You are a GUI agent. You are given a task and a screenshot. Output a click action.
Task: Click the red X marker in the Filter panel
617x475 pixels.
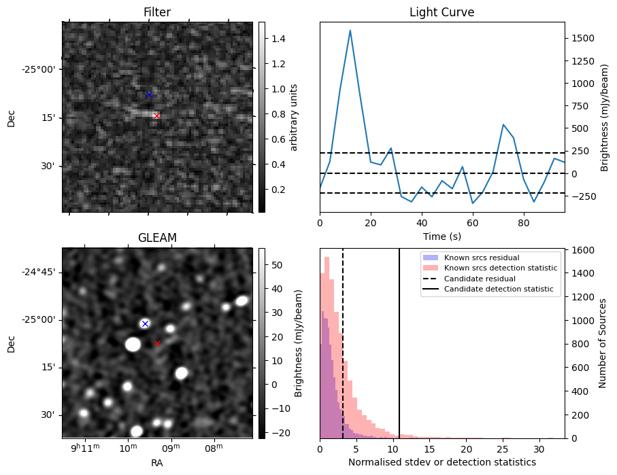click(x=156, y=116)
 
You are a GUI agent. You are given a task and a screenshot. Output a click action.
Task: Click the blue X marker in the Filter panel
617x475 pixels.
click(x=149, y=94)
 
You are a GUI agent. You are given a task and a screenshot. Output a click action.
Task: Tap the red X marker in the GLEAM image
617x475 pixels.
click(x=157, y=343)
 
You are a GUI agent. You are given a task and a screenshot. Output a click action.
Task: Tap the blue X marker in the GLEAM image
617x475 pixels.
click(x=145, y=323)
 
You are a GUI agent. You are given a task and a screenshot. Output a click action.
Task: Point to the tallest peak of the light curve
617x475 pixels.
click(x=350, y=31)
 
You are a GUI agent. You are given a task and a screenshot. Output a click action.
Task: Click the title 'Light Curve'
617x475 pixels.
click(x=441, y=12)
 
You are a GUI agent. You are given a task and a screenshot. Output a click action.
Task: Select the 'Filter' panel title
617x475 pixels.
click(x=157, y=12)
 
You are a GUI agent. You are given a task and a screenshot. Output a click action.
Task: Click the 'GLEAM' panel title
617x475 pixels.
click(x=157, y=238)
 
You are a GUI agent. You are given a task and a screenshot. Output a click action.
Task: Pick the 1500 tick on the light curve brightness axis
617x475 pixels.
click(x=584, y=39)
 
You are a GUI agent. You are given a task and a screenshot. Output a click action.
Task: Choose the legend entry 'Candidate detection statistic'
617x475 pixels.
click(x=499, y=289)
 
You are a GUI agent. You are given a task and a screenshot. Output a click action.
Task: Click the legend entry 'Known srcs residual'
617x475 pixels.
click(x=481, y=258)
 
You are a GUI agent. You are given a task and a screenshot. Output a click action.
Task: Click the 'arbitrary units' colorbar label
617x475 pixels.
click(x=294, y=117)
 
